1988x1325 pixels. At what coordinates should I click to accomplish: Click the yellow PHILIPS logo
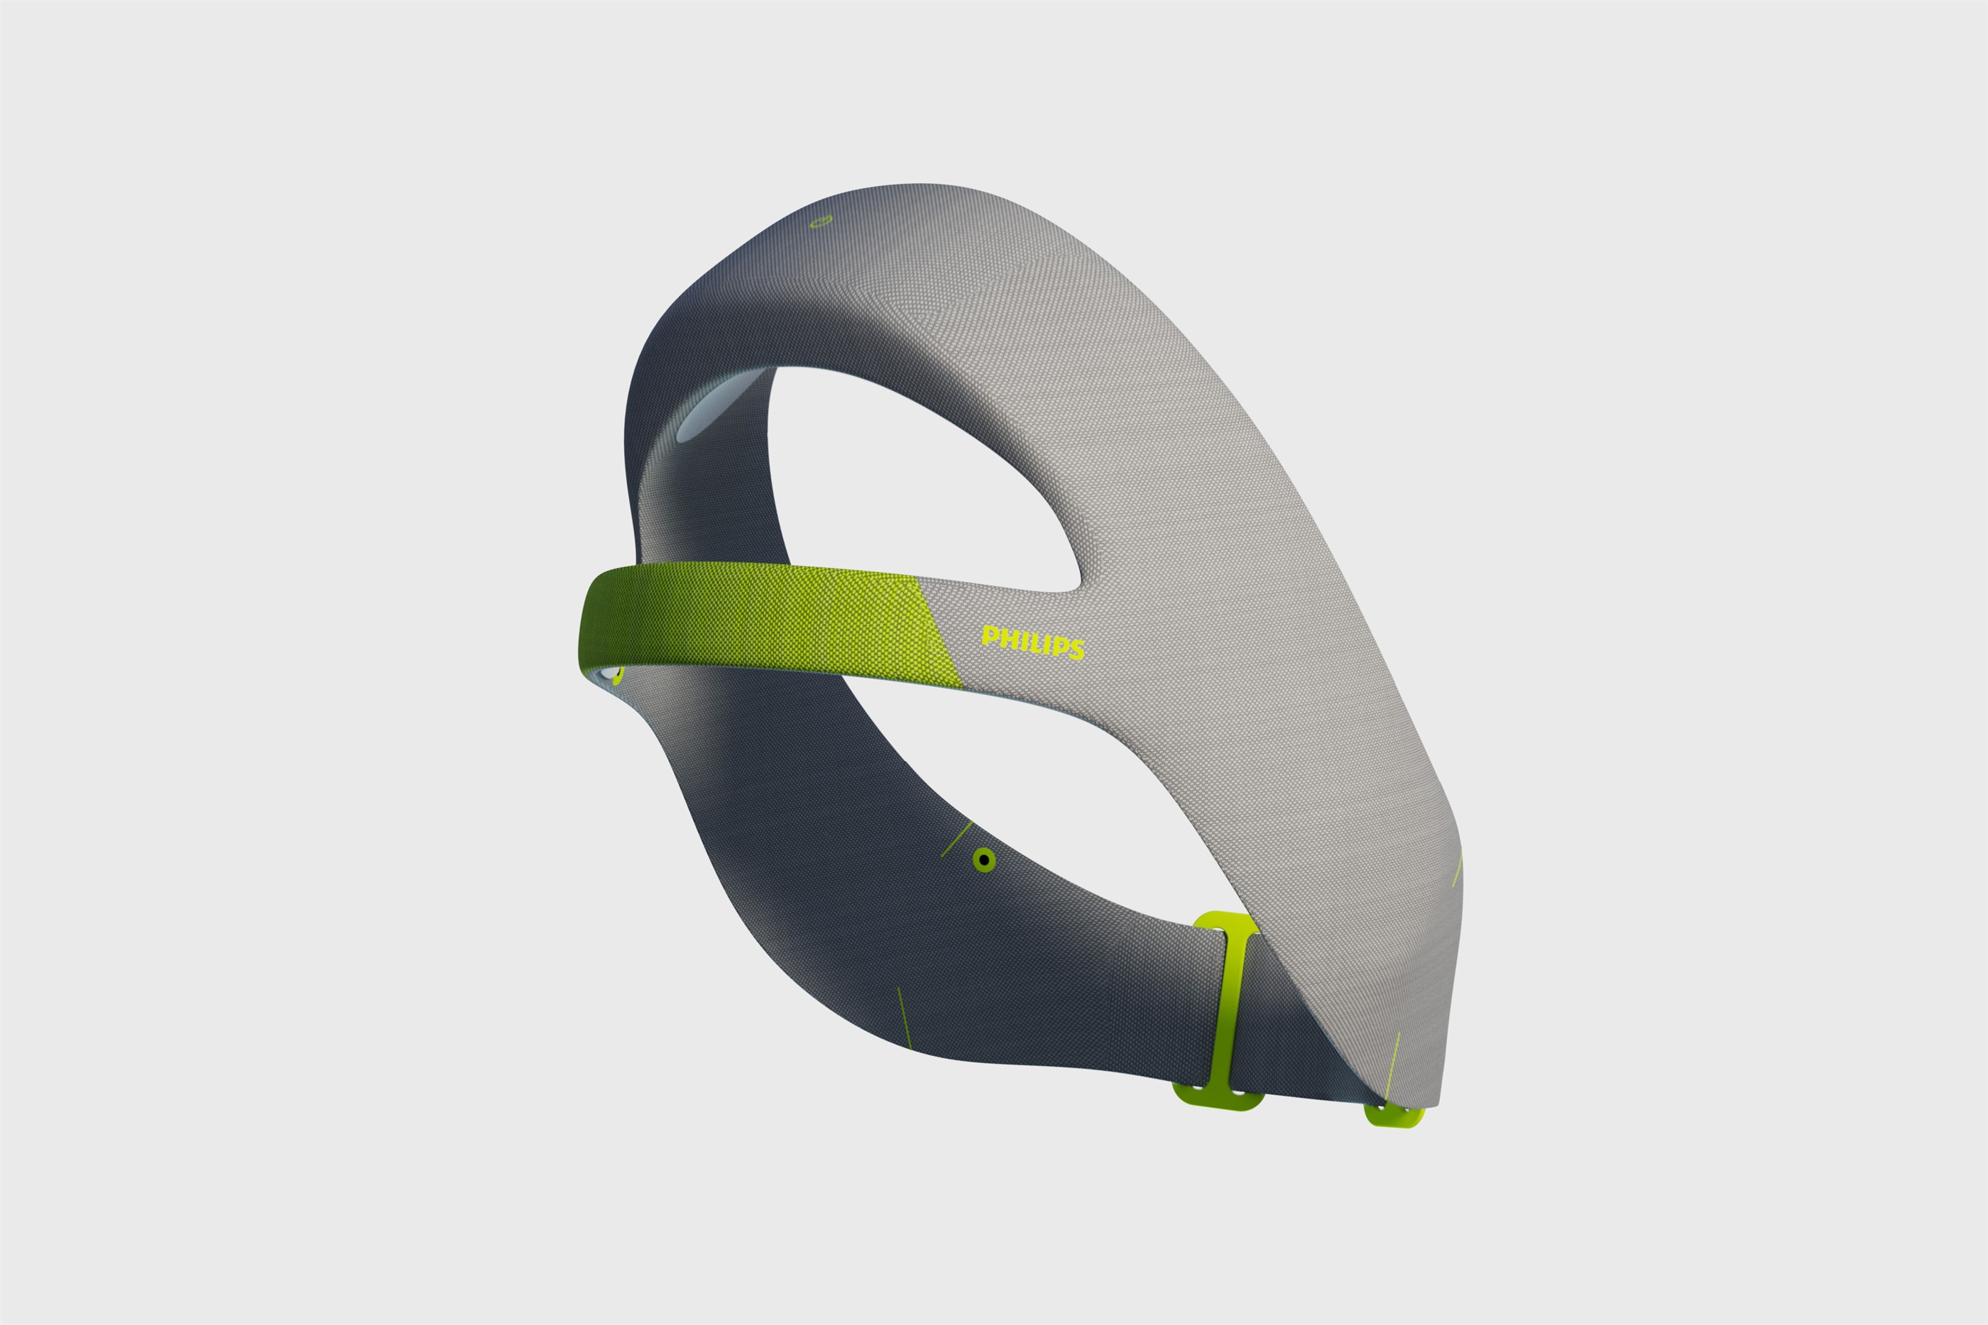(x=1033, y=642)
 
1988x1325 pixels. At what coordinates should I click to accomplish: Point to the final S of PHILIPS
(x=1076, y=649)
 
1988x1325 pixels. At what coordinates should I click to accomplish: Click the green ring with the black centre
(x=983, y=860)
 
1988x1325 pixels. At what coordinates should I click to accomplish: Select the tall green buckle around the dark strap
(x=1225, y=1011)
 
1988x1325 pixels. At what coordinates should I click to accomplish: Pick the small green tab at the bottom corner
(x=1394, y=1116)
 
